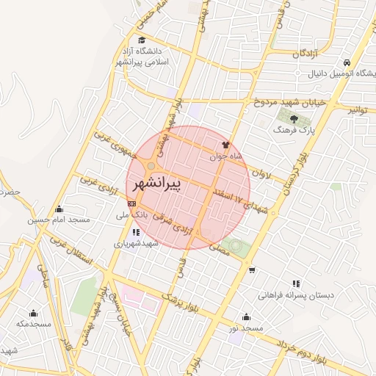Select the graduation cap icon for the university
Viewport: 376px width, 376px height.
[141, 40]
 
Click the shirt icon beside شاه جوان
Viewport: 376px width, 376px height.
[225, 145]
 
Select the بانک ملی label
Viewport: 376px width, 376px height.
[132, 217]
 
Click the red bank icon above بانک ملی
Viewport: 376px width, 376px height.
[131, 203]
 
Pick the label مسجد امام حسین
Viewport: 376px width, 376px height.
[59, 220]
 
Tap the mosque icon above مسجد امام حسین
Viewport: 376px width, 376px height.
[59, 208]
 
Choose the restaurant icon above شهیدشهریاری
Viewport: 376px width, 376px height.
[137, 231]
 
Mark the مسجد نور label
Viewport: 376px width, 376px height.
[245, 328]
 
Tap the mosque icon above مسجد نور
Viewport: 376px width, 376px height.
[246, 317]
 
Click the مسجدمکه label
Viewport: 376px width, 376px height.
[34, 324]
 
